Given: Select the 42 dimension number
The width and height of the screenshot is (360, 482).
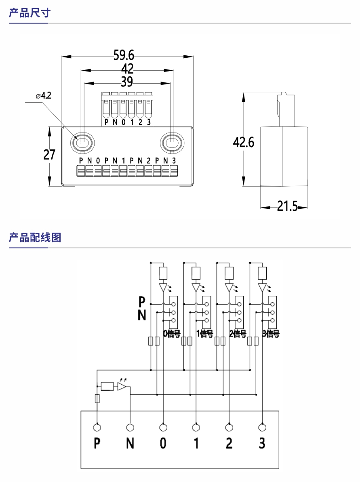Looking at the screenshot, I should pyautogui.click(x=127, y=69).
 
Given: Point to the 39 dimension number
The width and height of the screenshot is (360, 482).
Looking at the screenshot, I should pyautogui.click(x=127, y=82).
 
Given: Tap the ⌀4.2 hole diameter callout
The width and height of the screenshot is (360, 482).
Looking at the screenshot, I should pyautogui.click(x=44, y=96).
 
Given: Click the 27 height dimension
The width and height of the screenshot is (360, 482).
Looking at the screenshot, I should pyautogui.click(x=49, y=154).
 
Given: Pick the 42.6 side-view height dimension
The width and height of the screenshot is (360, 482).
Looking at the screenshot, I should pyautogui.click(x=244, y=142).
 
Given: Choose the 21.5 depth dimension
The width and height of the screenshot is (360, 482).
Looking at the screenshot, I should pyautogui.click(x=287, y=207).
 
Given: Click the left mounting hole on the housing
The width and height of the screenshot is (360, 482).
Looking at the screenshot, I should pyautogui.click(x=82, y=143).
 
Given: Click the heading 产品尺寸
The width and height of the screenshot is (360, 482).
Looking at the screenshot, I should pyautogui.click(x=29, y=13).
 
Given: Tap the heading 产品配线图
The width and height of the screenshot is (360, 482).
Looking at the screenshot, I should pyautogui.click(x=35, y=237).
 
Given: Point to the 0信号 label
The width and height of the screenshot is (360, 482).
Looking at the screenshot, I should pyautogui.click(x=171, y=334).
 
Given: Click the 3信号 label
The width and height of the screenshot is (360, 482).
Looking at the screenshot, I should pyautogui.click(x=271, y=334).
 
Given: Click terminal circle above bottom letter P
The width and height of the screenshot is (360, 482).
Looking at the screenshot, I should pyautogui.click(x=97, y=427).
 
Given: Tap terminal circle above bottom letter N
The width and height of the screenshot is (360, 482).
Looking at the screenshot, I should pyautogui.click(x=130, y=427).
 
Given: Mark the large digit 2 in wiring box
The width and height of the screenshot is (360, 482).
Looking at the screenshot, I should pyautogui.click(x=229, y=444).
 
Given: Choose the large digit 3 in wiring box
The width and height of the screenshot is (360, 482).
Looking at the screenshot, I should pyautogui.click(x=262, y=444).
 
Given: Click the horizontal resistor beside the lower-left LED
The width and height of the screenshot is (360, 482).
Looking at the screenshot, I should pyautogui.click(x=107, y=387).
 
